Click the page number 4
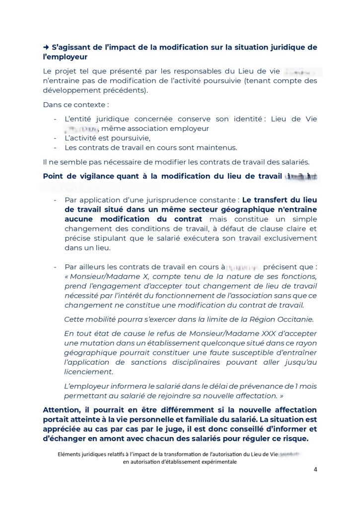(315, 470)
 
